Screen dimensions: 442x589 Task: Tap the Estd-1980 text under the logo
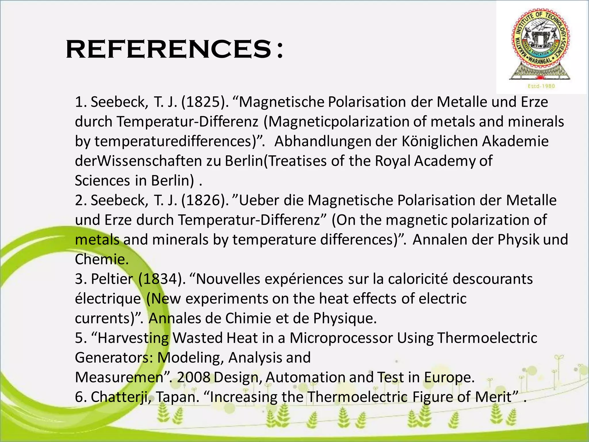point(541,86)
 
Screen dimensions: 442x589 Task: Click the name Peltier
point(112,279)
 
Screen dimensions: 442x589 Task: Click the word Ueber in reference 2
point(259,200)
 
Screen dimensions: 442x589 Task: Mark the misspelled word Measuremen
point(119,377)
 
